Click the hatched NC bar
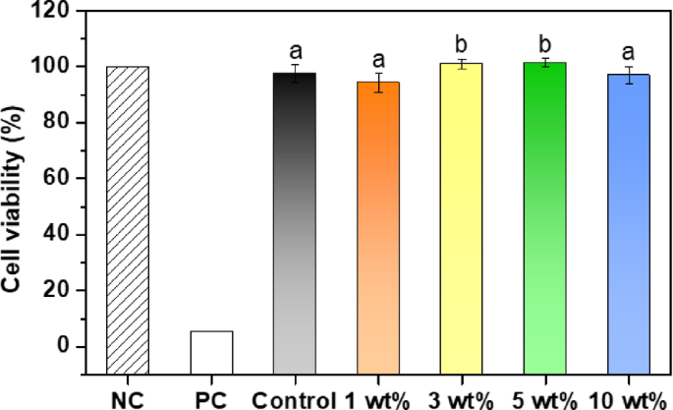click(128, 206)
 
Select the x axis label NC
click(128, 398)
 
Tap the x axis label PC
click(212, 398)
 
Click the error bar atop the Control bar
click(295, 74)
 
